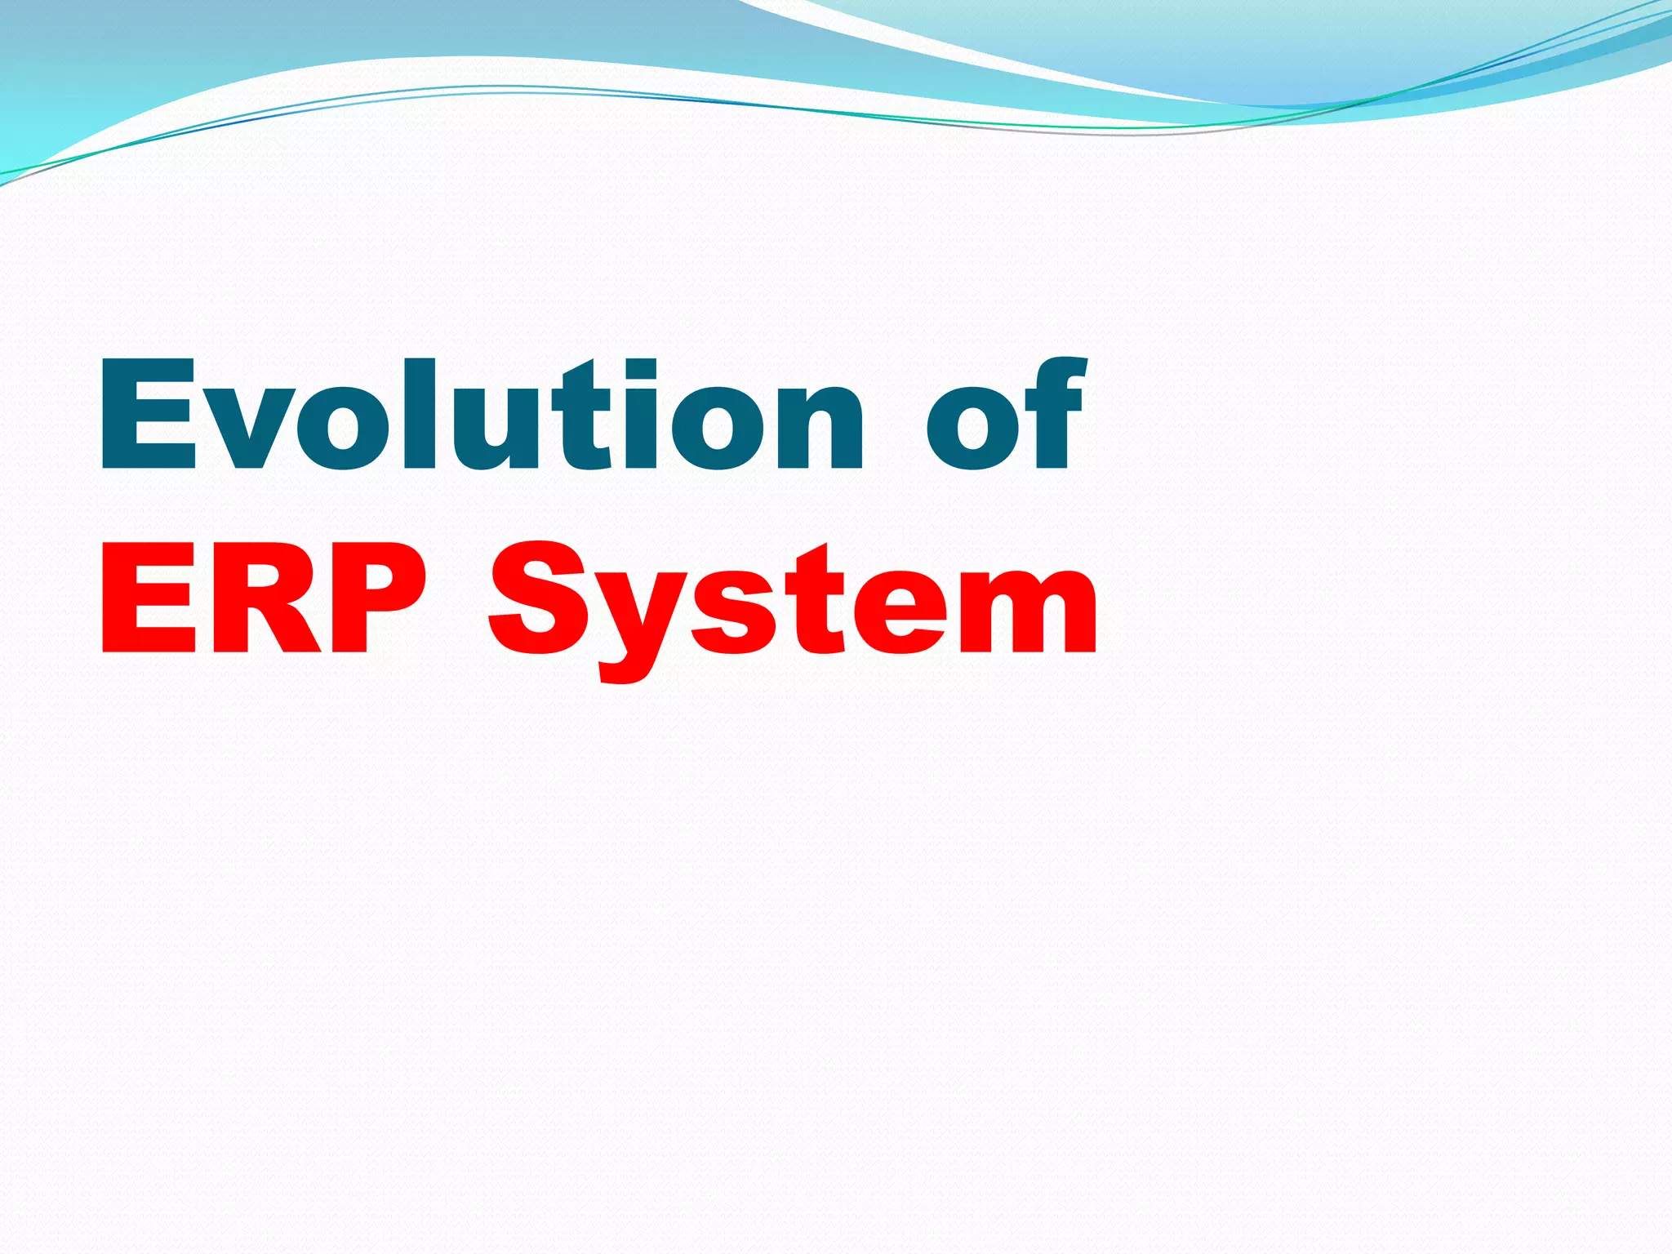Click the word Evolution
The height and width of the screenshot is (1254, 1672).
coord(482,416)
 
